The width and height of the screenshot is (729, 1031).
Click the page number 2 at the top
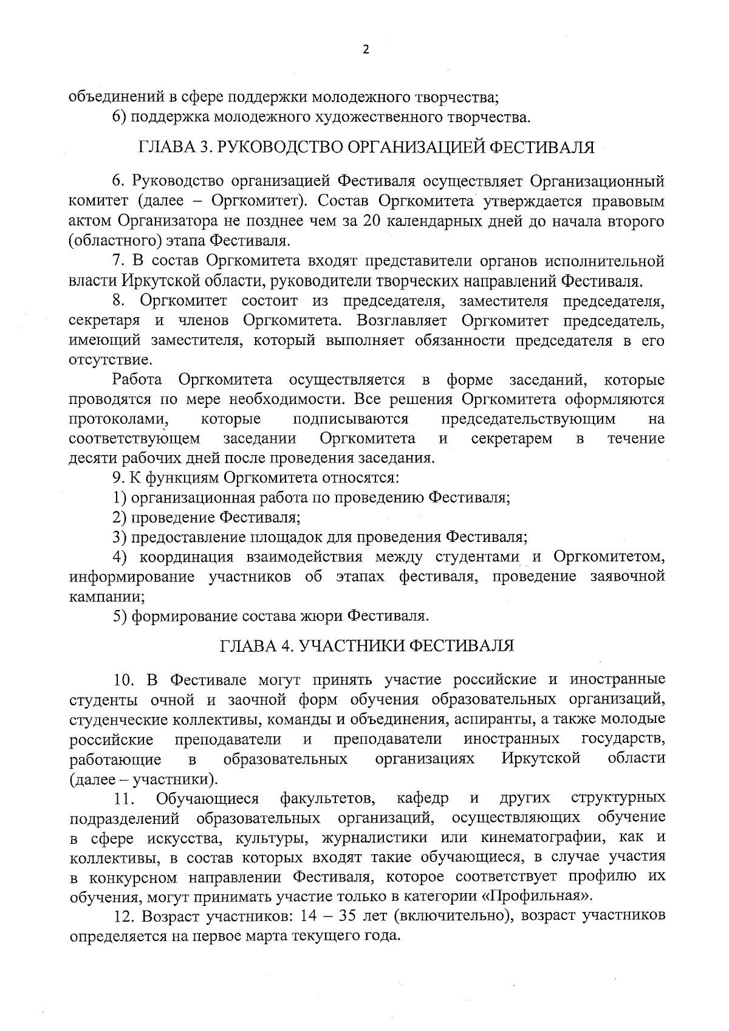pos(365,50)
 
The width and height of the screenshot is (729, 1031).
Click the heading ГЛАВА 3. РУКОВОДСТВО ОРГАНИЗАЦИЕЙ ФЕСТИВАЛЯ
pos(366,148)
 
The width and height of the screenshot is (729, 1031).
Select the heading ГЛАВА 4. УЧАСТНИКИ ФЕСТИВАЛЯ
pos(366,645)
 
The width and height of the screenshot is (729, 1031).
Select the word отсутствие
pos(101,360)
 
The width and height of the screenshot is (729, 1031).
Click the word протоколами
pos(119,419)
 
